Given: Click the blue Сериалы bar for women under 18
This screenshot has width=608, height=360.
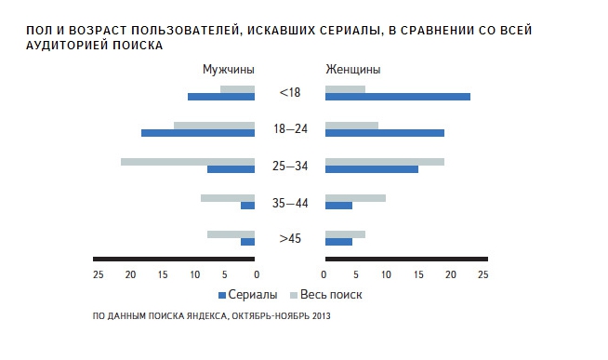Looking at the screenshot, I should [x=397, y=97].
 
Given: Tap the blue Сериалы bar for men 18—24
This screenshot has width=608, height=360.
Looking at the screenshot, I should [x=198, y=133].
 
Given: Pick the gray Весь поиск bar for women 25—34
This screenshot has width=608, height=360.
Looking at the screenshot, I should [x=384, y=162].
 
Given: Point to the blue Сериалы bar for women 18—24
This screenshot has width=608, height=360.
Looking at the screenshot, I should [x=384, y=133].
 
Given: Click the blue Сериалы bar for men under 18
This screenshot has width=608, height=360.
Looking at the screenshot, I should [x=221, y=97].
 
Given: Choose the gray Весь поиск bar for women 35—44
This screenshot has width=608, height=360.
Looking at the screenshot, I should [x=355, y=197].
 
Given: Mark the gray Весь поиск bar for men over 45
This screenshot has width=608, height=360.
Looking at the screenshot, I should [x=231, y=233].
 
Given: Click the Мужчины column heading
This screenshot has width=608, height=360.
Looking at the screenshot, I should [x=229, y=70].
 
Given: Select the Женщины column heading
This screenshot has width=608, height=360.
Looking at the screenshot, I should [x=352, y=70].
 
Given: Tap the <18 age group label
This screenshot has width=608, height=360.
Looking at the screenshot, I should [x=289, y=93].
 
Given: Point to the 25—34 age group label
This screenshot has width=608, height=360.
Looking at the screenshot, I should [x=289, y=166].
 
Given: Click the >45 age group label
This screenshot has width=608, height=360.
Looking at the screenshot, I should [x=289, y=239].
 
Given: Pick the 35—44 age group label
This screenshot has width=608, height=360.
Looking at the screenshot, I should [x=289, y=202].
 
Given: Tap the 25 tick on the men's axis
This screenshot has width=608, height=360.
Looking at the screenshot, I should [x=98, y=274].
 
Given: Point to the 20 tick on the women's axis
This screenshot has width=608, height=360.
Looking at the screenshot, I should [x=450, y=274].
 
